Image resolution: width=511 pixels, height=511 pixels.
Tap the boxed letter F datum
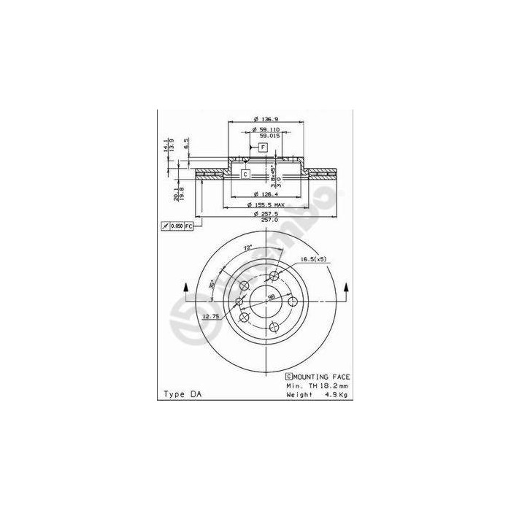[x=264, y=147]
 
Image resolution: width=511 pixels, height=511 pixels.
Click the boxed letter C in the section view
[x=245, y=174]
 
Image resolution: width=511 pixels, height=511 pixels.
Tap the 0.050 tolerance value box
[x=175, y=227]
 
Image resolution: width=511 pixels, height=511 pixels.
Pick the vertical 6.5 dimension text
[x=186, y=143]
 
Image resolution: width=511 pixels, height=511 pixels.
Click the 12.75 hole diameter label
[x=191, y=315]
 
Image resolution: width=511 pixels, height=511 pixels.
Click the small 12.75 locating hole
[x=239, y=301]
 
